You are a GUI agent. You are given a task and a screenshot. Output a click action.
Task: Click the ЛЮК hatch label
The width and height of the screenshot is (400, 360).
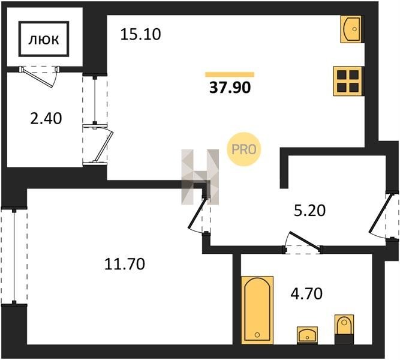(44, 40)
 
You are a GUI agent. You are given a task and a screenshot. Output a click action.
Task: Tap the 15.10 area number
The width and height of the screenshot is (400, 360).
(140, 34)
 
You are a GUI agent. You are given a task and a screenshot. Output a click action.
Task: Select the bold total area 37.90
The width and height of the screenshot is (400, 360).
(230, 88)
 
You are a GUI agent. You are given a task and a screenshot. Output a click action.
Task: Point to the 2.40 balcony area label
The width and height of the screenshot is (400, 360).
(46, 119)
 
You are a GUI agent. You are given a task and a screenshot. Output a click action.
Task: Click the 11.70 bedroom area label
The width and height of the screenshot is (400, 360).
(125, 264)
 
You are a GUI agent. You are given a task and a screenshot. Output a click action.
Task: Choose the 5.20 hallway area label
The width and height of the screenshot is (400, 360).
(309, 211)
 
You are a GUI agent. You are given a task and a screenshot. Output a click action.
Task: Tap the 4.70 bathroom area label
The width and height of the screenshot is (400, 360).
(306, 293)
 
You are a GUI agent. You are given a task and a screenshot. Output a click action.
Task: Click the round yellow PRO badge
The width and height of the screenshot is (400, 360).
(243, 149)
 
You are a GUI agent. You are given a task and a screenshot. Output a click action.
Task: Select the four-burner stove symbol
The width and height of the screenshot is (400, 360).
(348, 81)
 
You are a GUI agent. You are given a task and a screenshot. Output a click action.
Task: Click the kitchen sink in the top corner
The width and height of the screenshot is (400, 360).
(351, 29)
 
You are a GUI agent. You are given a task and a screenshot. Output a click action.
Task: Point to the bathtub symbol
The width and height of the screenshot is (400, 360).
(257, 310)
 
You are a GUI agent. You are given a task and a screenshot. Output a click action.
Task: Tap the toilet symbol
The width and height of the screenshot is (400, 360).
(344, 329)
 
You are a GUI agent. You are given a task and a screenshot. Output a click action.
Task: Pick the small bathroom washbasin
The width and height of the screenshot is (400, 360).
(308, 335)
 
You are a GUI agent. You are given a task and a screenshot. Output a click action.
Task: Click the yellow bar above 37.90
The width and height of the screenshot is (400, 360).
(230, 74)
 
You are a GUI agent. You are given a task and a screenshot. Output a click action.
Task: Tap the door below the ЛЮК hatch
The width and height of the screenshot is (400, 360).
(38, 77)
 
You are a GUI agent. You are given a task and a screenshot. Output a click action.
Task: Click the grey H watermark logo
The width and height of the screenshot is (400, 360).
(200, 177)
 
